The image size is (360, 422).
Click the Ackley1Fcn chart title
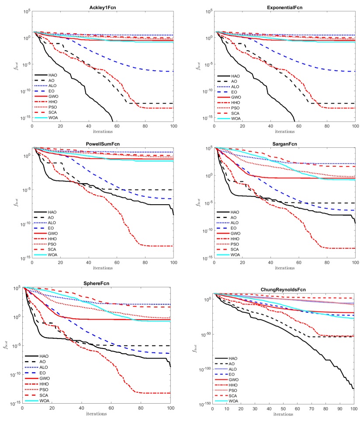[x=103, y=4]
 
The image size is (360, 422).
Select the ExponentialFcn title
[x=284, y=4]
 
